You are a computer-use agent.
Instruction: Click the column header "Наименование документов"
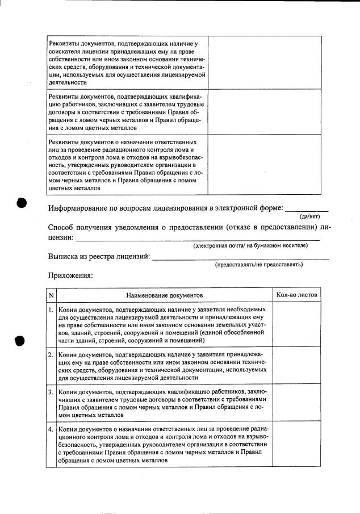click(x=164, y=296)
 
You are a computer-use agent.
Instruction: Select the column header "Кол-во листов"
click(x=297, y=296)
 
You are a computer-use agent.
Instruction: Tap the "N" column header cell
click(x=51, y=296)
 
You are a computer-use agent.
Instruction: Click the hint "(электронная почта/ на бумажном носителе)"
click(x=250, y=245)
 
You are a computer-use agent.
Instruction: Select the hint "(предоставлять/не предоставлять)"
click(x=258, y=265)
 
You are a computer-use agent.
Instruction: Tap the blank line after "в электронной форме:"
click(x=307, y=210)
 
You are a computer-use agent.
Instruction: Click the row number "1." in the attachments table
click(x=51, y=310)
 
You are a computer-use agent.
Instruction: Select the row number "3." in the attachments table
click(x=51, y=392)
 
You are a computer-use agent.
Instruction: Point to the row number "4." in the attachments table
click(x=51, y=429)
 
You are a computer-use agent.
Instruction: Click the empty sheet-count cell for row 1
click(x=297, y=324)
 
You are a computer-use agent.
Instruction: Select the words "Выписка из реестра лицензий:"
click(x=99, y=256)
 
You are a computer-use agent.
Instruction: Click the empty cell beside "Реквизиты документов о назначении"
click(x=265, y=165)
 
